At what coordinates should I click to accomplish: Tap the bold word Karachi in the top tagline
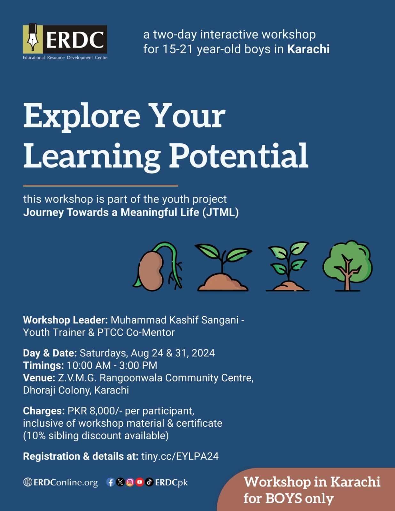[x=308, y=49]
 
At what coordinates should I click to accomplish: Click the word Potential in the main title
[x=238, y=156]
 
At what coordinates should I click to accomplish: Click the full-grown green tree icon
[x=347, y=266]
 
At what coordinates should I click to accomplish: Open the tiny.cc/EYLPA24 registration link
[x=180, y=456]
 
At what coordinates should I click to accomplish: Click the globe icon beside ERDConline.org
[x=28, y=482]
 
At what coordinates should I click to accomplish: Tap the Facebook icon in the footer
[x=111, y=482]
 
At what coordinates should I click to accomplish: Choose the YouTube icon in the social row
[x=140, y=482]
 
